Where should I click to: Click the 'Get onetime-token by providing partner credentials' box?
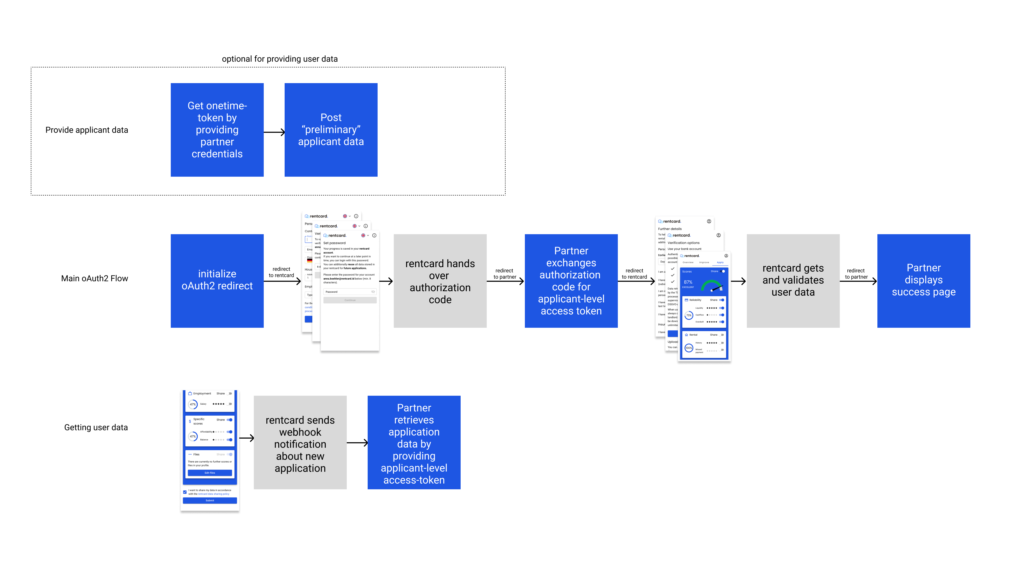click(x=217, y=130)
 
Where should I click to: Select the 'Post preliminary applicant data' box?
click(x=331, y=130)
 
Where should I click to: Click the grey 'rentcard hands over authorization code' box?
click(x=440, y=281)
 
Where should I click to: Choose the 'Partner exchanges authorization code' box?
click(x=571, y=281)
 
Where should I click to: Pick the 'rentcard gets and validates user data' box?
click(x=793, y=281)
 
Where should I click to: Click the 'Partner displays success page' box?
click(x=924, y=281)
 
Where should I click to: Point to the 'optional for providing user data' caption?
click(x=280, y=59)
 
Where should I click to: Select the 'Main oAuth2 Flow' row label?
click(x=95, y=278)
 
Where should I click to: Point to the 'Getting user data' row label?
click(x=96, y=427)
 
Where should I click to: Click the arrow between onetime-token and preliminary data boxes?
click(x=274, y=133)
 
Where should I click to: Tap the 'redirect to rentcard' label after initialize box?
click(x=281, y=272)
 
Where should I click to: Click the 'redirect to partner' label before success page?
click(x=856, y=274)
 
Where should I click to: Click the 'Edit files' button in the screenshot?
click(x=210, y=473)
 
